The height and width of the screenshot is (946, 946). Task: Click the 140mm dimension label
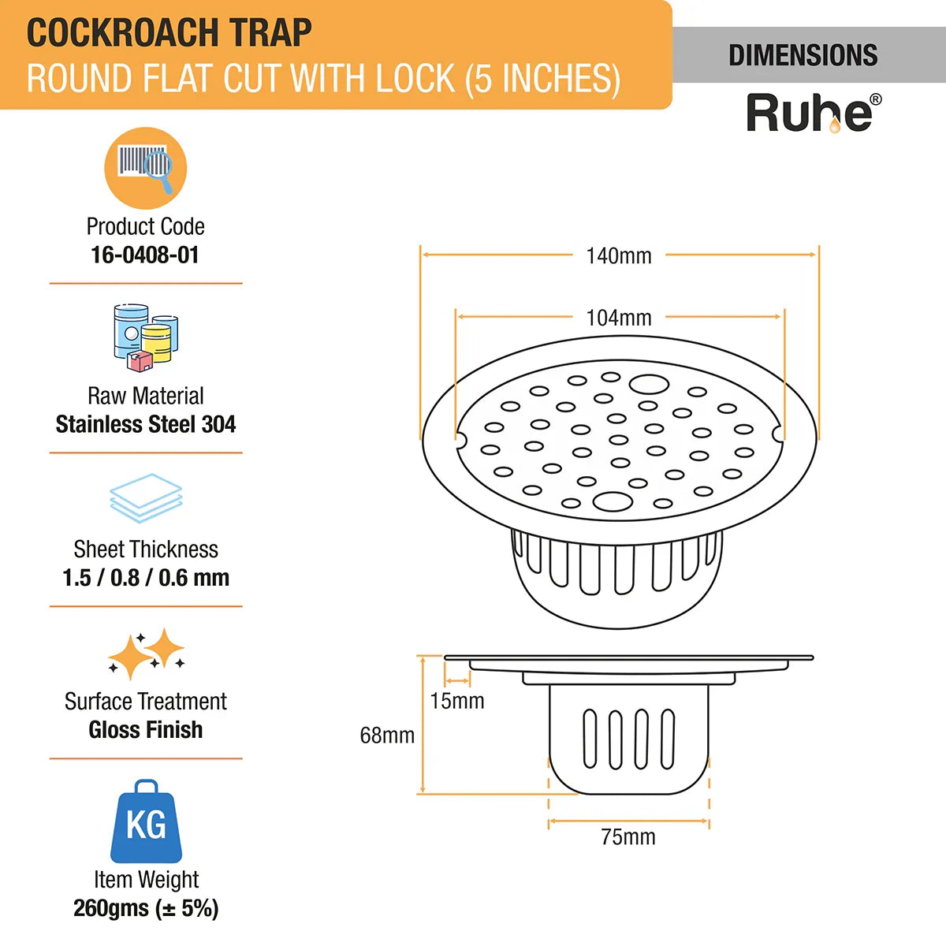click(x=619, y=255)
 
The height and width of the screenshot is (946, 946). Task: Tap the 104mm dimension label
click(x=619, y=318)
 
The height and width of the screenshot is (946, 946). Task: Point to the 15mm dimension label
click(x=457, y=701)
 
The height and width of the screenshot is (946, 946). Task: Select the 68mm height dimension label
click(x=387, y=735)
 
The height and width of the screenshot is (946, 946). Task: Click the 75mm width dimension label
click(x=628, y=836)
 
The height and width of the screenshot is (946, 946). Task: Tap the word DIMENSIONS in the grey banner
click(x=803, y=55)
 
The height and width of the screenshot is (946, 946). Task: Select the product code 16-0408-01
click(x=145, y=255)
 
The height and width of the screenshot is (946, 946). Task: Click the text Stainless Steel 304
click(x=146, y=424)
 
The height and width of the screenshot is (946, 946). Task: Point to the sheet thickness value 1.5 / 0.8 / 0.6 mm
click(x=146, y=577)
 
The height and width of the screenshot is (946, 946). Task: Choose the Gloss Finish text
click(x=146, y=729)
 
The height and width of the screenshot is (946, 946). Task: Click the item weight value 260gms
click(x=110, y=908)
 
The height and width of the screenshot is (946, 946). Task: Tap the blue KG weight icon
click(x=146, y=821)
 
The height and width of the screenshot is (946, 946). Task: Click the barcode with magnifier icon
click(x=146, y=168)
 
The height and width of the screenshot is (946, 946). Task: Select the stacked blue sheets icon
click(x=146, y=498)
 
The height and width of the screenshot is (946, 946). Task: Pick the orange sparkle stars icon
click(x=146, y=654)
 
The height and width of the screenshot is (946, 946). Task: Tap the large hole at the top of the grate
click(x=649, y=385)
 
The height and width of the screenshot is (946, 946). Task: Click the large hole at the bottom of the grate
click(x=613, y=501)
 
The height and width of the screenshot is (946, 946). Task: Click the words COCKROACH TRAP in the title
click(x=169, y=33)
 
